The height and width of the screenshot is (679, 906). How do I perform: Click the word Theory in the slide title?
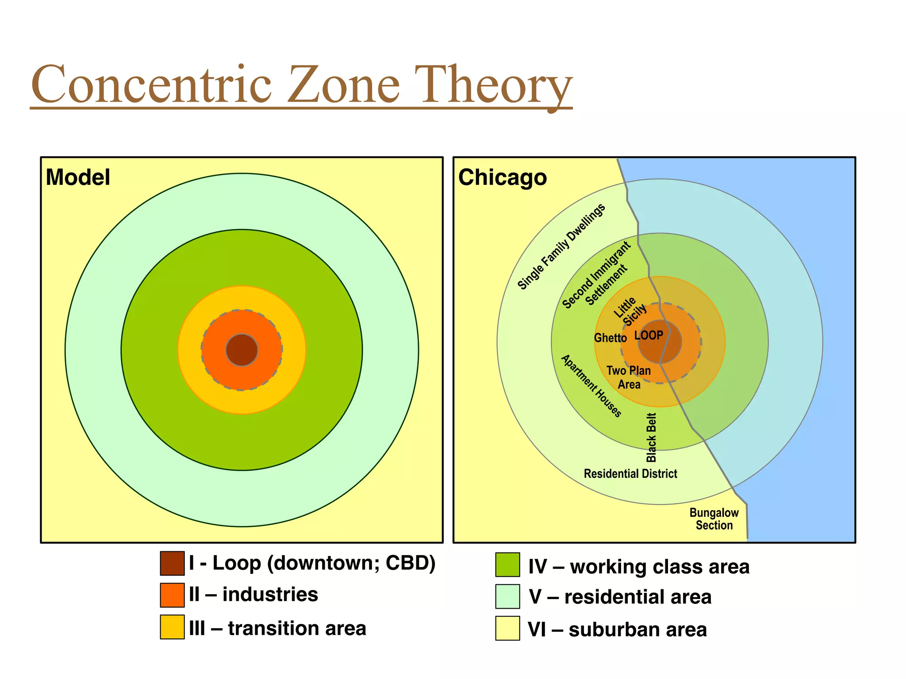pos(496,85)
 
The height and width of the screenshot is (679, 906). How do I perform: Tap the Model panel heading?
pos(78,177)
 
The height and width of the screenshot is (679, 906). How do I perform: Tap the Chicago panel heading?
pos(503,177)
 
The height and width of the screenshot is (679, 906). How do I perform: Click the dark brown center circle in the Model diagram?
pos(242,350)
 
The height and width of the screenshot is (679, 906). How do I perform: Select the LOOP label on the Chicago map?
pos(649,336)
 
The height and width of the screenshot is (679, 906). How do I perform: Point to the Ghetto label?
pos(610,338)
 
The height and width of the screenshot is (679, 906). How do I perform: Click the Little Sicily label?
pos(630,311)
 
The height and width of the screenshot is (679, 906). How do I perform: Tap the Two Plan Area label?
pos(629,377)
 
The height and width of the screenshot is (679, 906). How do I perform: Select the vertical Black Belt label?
pos(651,438)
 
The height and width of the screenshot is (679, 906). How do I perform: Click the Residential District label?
pos(630,474)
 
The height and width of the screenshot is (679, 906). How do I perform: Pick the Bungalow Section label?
pos(714,519)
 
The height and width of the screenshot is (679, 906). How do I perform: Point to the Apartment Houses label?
pos(591,386)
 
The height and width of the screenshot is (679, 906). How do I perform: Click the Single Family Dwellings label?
pos(561,247)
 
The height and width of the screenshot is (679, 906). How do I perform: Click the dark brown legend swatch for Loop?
pos(172,563)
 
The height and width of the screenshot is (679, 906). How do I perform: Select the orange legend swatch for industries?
pos(172,595)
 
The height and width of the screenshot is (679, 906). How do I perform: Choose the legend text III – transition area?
pos(277,628)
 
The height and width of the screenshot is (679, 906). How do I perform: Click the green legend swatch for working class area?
pos(507,565)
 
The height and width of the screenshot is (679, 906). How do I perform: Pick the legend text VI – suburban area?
pos(617,629)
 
